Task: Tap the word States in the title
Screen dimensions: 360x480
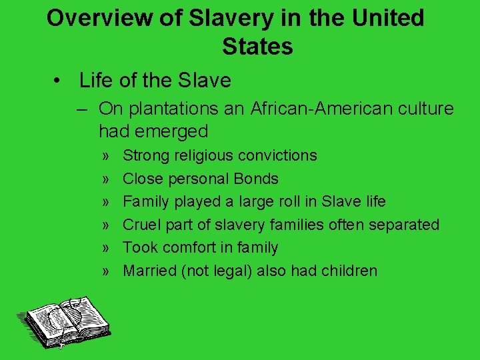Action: (x=257, y=47)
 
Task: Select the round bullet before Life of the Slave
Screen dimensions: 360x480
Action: (x=59, y=81)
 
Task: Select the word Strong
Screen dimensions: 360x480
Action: (x=146, y=155)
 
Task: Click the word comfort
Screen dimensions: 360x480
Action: (x=189, y=247)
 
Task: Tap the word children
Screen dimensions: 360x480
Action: (x=347, y=271)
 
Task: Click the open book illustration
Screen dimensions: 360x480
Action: (x=64, y=320)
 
